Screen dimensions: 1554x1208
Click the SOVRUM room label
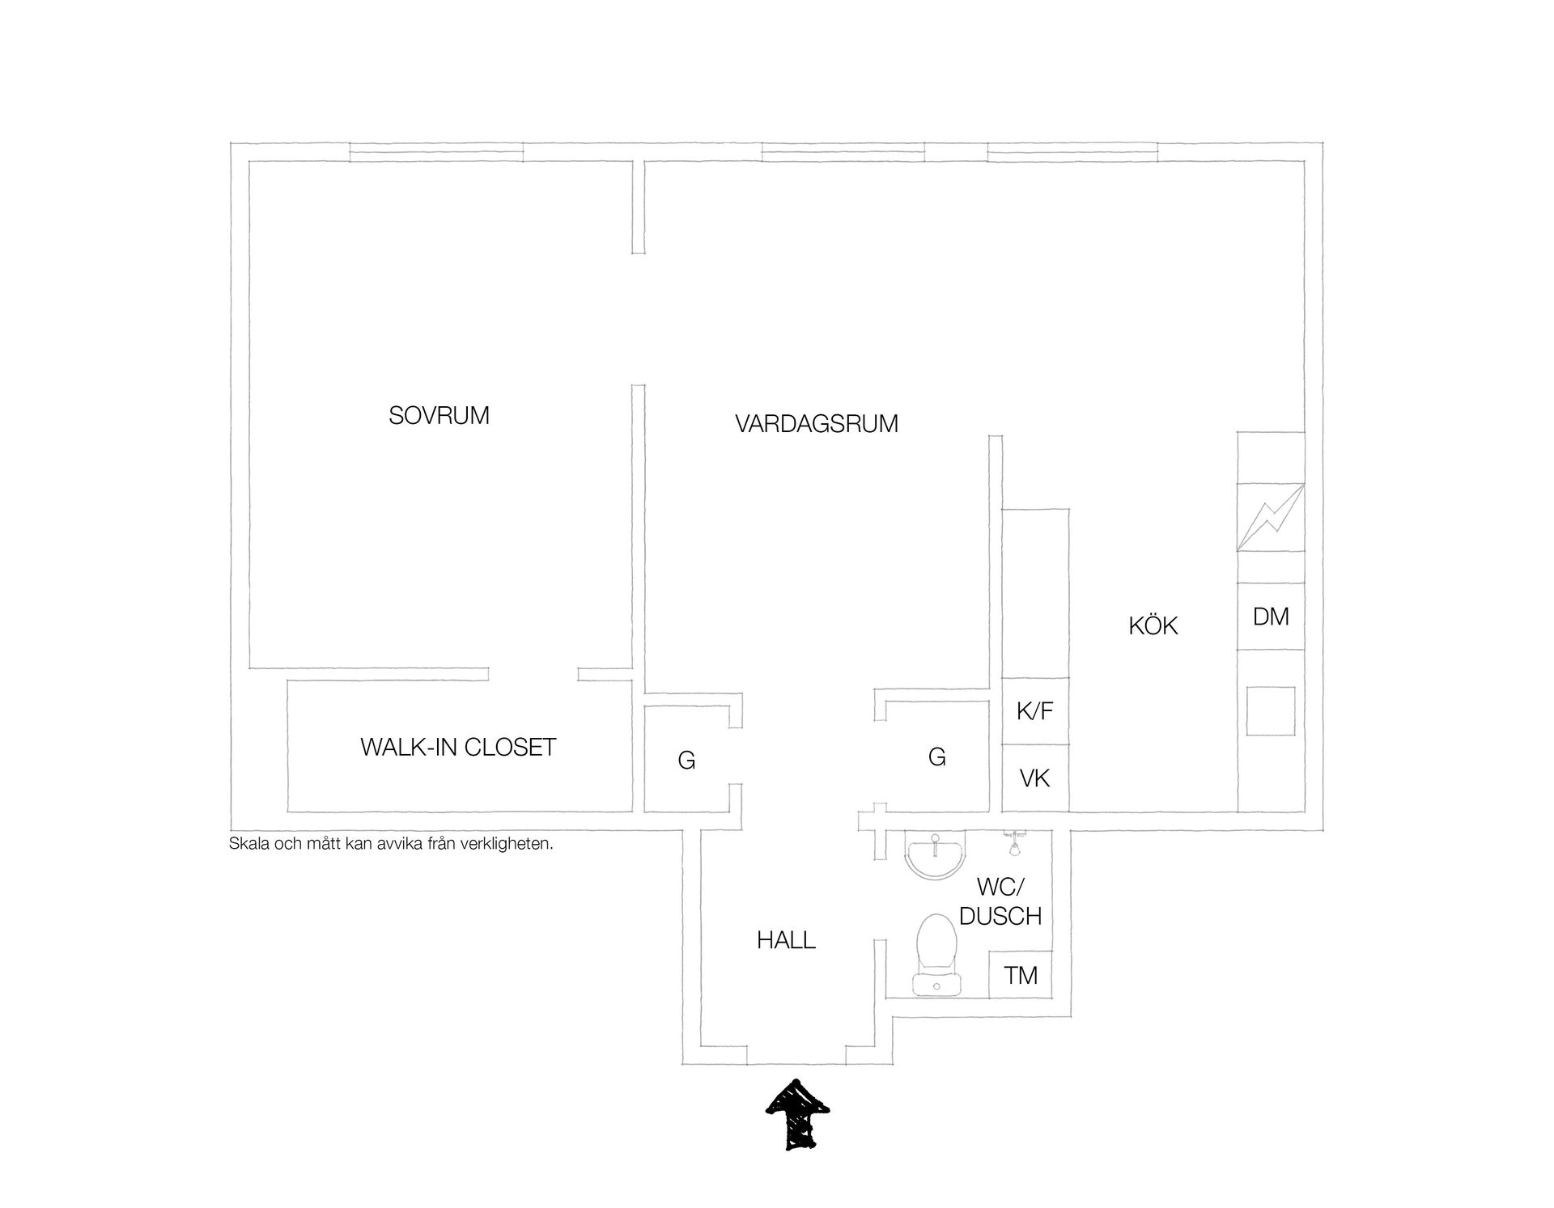[x=439, y=416]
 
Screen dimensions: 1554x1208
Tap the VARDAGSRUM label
[x=817, y=424]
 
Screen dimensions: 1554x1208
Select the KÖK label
[x=1153, y=625]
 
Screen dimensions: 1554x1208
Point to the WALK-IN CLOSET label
[x=458, y=747]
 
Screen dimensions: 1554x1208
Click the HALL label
[x=786, y=940]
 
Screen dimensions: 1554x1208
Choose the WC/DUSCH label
[x=1000, y=901]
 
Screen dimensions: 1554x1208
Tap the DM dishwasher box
[x=1271, y=617]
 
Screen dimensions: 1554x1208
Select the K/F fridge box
[x=1035, y=711]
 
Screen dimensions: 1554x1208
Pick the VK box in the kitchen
[x=1035, y=778]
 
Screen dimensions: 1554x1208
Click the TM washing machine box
[x=1021, y=975]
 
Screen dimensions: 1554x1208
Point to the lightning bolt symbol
[x=1272, y=517]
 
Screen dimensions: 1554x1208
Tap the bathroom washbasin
[x=934, y=855]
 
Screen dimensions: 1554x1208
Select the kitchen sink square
[x=1271, y=711]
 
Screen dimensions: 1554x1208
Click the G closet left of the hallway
[x=686, y=760]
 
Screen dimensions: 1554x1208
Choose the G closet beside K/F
[x=937, y=757]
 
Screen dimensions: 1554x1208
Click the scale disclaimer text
[x=391, y=844]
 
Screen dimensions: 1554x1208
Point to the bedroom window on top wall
[x=436, y=152]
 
